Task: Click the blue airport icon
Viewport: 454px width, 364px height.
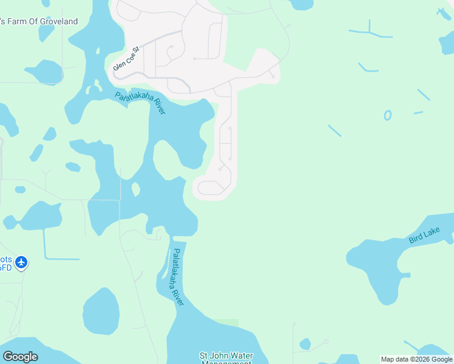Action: tap(22, 263)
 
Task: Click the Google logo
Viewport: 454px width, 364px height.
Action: tap(20, 357)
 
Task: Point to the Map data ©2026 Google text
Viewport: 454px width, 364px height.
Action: tap(417, 359)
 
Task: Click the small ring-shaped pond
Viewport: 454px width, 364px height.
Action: tap(387, 115)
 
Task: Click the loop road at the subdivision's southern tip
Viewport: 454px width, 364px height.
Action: tap(211, 187)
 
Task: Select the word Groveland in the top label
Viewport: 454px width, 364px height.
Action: tap(59, 22)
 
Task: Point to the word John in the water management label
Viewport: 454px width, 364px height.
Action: tap(220, 356)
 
